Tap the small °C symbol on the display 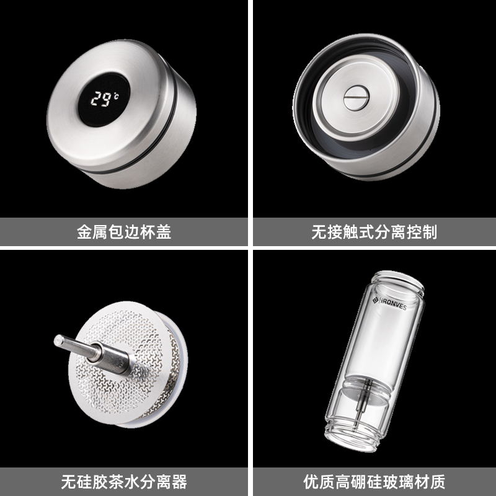pyautogui.click(x=116, y=95)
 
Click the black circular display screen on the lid pyautogui.click(x=104, y=100)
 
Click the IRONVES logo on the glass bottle pyautogui.click(x=389, y=303)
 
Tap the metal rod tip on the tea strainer pyautogui.click(x=58, y=340)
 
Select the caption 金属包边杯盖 pyautogui.click(x=124, y=232)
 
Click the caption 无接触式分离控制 pyautogui.click(x=374, y=232)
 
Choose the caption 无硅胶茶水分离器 pyautogui.click(x=124, y=482)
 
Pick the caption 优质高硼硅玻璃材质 pyautogui.click(x=374, y=482)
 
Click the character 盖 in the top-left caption pyautogui.click(x=163, y=232)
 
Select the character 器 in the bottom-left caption pyautogui.click(x=179, y=482)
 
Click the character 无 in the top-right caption pyautogui.click(x=319, y=232)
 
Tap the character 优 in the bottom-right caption pyautogui.click(x=311, y=482)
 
